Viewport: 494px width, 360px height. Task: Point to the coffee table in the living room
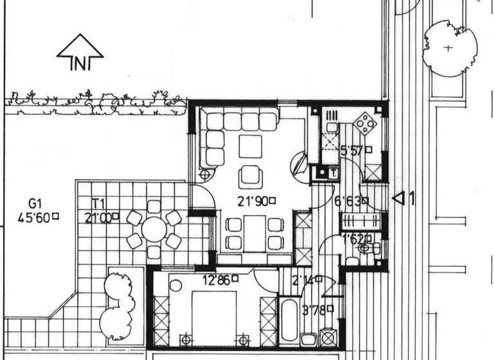[x=250, y=147]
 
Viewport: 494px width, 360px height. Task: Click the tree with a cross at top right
[x=449, y=48]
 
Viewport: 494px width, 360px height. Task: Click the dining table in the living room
[x=255, y=232]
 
